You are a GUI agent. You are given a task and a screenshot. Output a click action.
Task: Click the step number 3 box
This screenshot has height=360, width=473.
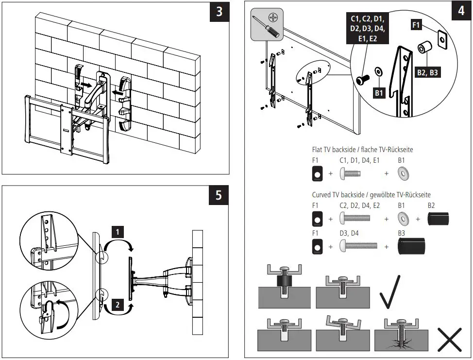[219, 12]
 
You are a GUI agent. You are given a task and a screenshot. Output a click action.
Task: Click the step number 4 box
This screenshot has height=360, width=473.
[460, 12]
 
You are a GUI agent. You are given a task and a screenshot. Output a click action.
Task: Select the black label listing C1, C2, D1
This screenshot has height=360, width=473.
[367, 29]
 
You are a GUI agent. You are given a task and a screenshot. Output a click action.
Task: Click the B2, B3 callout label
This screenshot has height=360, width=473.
[428, 73]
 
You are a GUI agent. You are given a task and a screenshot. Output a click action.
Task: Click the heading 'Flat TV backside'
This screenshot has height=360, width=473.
[362, 150]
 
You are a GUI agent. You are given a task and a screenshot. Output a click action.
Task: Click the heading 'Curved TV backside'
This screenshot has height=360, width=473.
[371, 194]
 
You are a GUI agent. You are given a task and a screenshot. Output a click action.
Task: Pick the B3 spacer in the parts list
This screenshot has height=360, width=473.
[411, 247]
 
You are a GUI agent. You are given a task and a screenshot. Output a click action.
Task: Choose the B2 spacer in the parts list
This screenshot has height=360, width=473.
[439, 219]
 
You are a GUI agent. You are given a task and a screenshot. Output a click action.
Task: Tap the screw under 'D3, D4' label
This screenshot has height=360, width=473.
[359, 247]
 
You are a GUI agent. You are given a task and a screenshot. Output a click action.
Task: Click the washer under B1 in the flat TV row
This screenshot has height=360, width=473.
[403, 173]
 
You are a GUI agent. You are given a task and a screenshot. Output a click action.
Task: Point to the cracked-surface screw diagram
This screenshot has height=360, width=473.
[401, 336]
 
